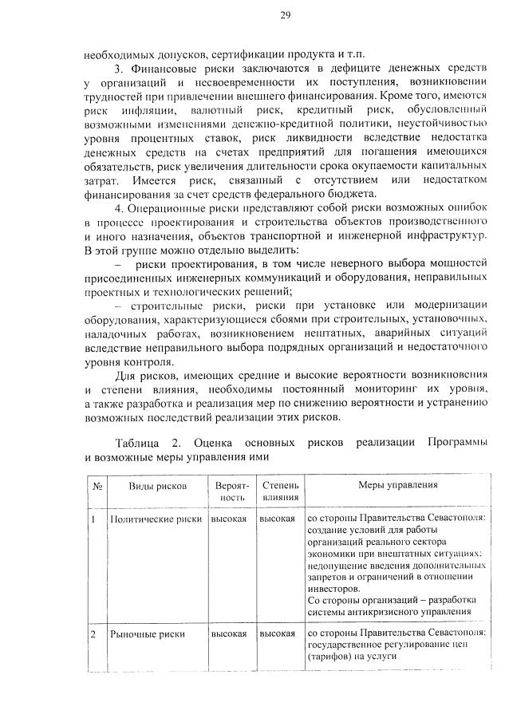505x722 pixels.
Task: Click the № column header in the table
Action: [x=96, y=485]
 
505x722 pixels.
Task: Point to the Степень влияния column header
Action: [x=280, y=491]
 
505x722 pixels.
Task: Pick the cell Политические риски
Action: [x=155, y=518]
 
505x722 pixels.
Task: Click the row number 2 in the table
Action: [x=93, y=634]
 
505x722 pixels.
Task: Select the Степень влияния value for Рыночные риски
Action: [x=277, y=634]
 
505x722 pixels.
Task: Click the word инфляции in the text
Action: [x=148, y=108]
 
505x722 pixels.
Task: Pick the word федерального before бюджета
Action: [x=307, y=190]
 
